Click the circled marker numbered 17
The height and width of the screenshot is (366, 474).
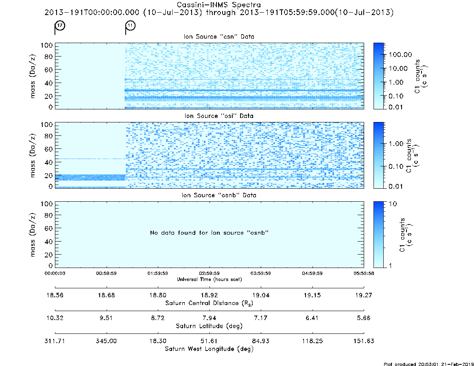pyautogui.click(x=60, y=25)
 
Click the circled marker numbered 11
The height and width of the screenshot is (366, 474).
pyautogui.click(x=131, y=25)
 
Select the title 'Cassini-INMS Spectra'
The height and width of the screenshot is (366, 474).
pyautogui.click(x=218, y=5)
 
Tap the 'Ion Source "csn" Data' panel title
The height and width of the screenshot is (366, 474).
pyautogui.click(x=219, y=37)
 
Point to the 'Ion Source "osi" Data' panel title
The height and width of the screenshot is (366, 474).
pyautogui.click(x=219, y=116)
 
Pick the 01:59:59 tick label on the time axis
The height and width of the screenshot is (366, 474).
pyautogui.click(x=158, y=273)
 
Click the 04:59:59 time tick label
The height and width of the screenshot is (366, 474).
pyautogui.click(x=312, y=273)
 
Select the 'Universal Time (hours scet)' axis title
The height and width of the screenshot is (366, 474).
pyautogui.click(x=209, y=279)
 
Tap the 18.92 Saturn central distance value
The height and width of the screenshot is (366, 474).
pyautogui.click(x=209, y=295)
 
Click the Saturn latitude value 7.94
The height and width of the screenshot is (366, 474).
pyautogui.click(x=209, y=318)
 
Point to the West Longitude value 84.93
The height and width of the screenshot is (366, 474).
pyautogui.click(x=260, y=341)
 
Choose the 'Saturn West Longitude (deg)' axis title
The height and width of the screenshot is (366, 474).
pyautogui.click(x=209, y=349)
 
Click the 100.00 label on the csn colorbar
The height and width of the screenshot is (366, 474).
pyautogui.click(x=400, y=55)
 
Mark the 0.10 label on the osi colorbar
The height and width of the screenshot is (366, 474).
pyautogui.click(x=396, y=166)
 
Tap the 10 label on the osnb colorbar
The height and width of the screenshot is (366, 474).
pyautogui.click(x=393, y=204)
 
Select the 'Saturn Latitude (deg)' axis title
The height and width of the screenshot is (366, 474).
pyautogui.click(x=209, y=326)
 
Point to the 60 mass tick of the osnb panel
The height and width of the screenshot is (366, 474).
pyautogui.click(x=49, y=229)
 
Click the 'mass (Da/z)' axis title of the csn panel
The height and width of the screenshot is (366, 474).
pyautogui.click(x=33, y=76)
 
